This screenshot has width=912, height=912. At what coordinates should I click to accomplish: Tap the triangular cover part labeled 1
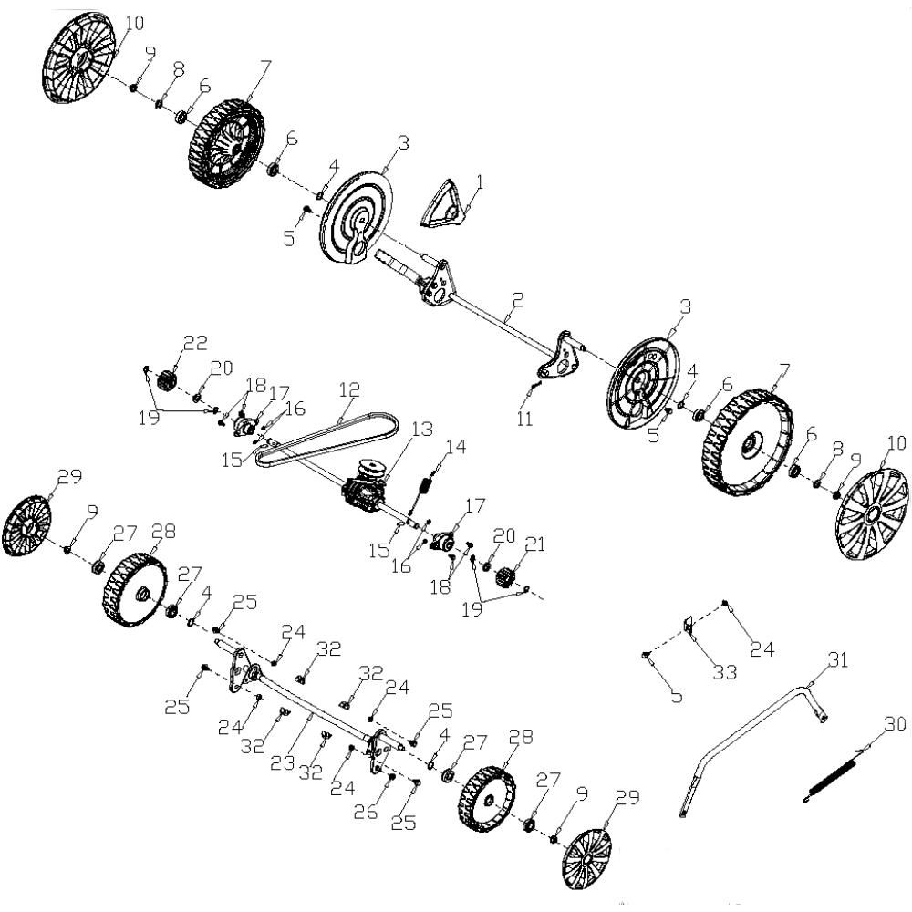tap(445, 204)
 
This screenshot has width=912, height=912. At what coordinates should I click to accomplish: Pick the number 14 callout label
tap(456, 447)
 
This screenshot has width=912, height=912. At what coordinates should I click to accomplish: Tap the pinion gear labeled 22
tap(167, 380)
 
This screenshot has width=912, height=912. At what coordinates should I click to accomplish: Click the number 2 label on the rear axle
tap(518, 300)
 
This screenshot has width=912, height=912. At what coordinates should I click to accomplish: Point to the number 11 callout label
tap(524, 418)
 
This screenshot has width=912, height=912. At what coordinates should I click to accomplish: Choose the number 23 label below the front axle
tap(283, 762)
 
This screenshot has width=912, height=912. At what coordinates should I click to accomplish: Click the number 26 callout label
tap(366, 811)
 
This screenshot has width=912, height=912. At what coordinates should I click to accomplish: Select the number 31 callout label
tap(838, 659)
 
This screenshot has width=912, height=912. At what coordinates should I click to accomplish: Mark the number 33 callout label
tap(725, 672)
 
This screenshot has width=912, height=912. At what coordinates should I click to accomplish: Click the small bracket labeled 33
tap(688, 626)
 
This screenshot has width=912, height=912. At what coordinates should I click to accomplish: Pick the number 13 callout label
tap(422, 430)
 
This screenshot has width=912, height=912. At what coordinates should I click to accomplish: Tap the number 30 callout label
tap(896, 723)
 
